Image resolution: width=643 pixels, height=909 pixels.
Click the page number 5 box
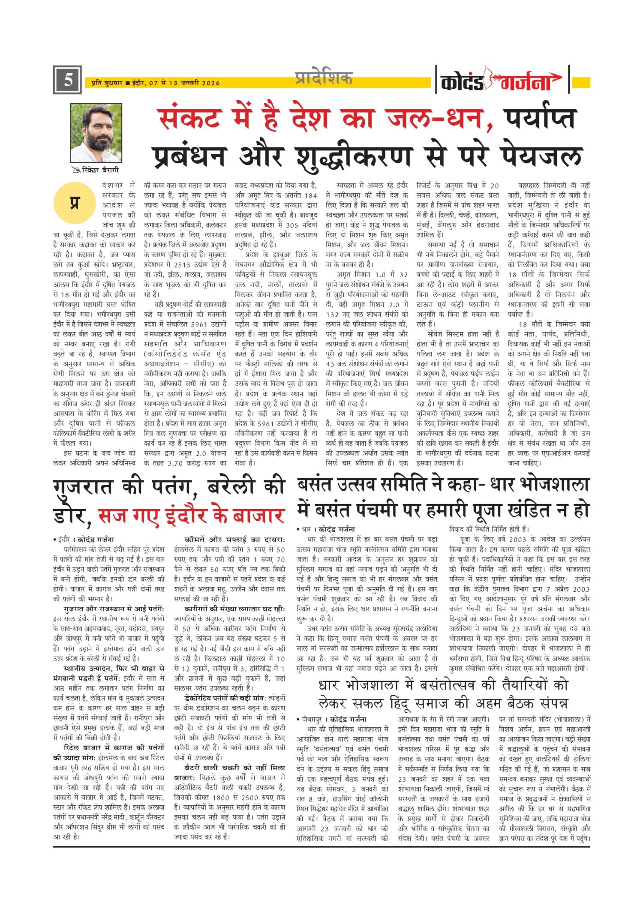click(67, 80)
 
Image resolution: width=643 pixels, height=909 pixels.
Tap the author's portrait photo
click(96, 133)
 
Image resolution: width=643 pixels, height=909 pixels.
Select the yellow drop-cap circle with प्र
click(74, 203)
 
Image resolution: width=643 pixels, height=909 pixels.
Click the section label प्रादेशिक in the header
click(324, 78)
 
